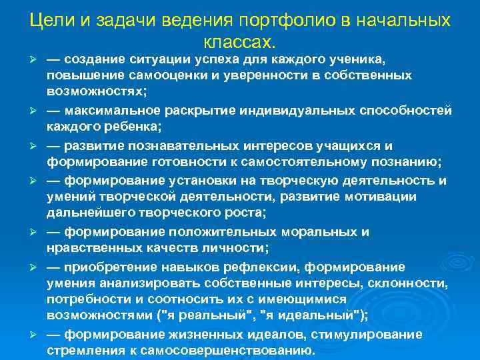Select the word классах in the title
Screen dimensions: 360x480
(237, 42)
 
